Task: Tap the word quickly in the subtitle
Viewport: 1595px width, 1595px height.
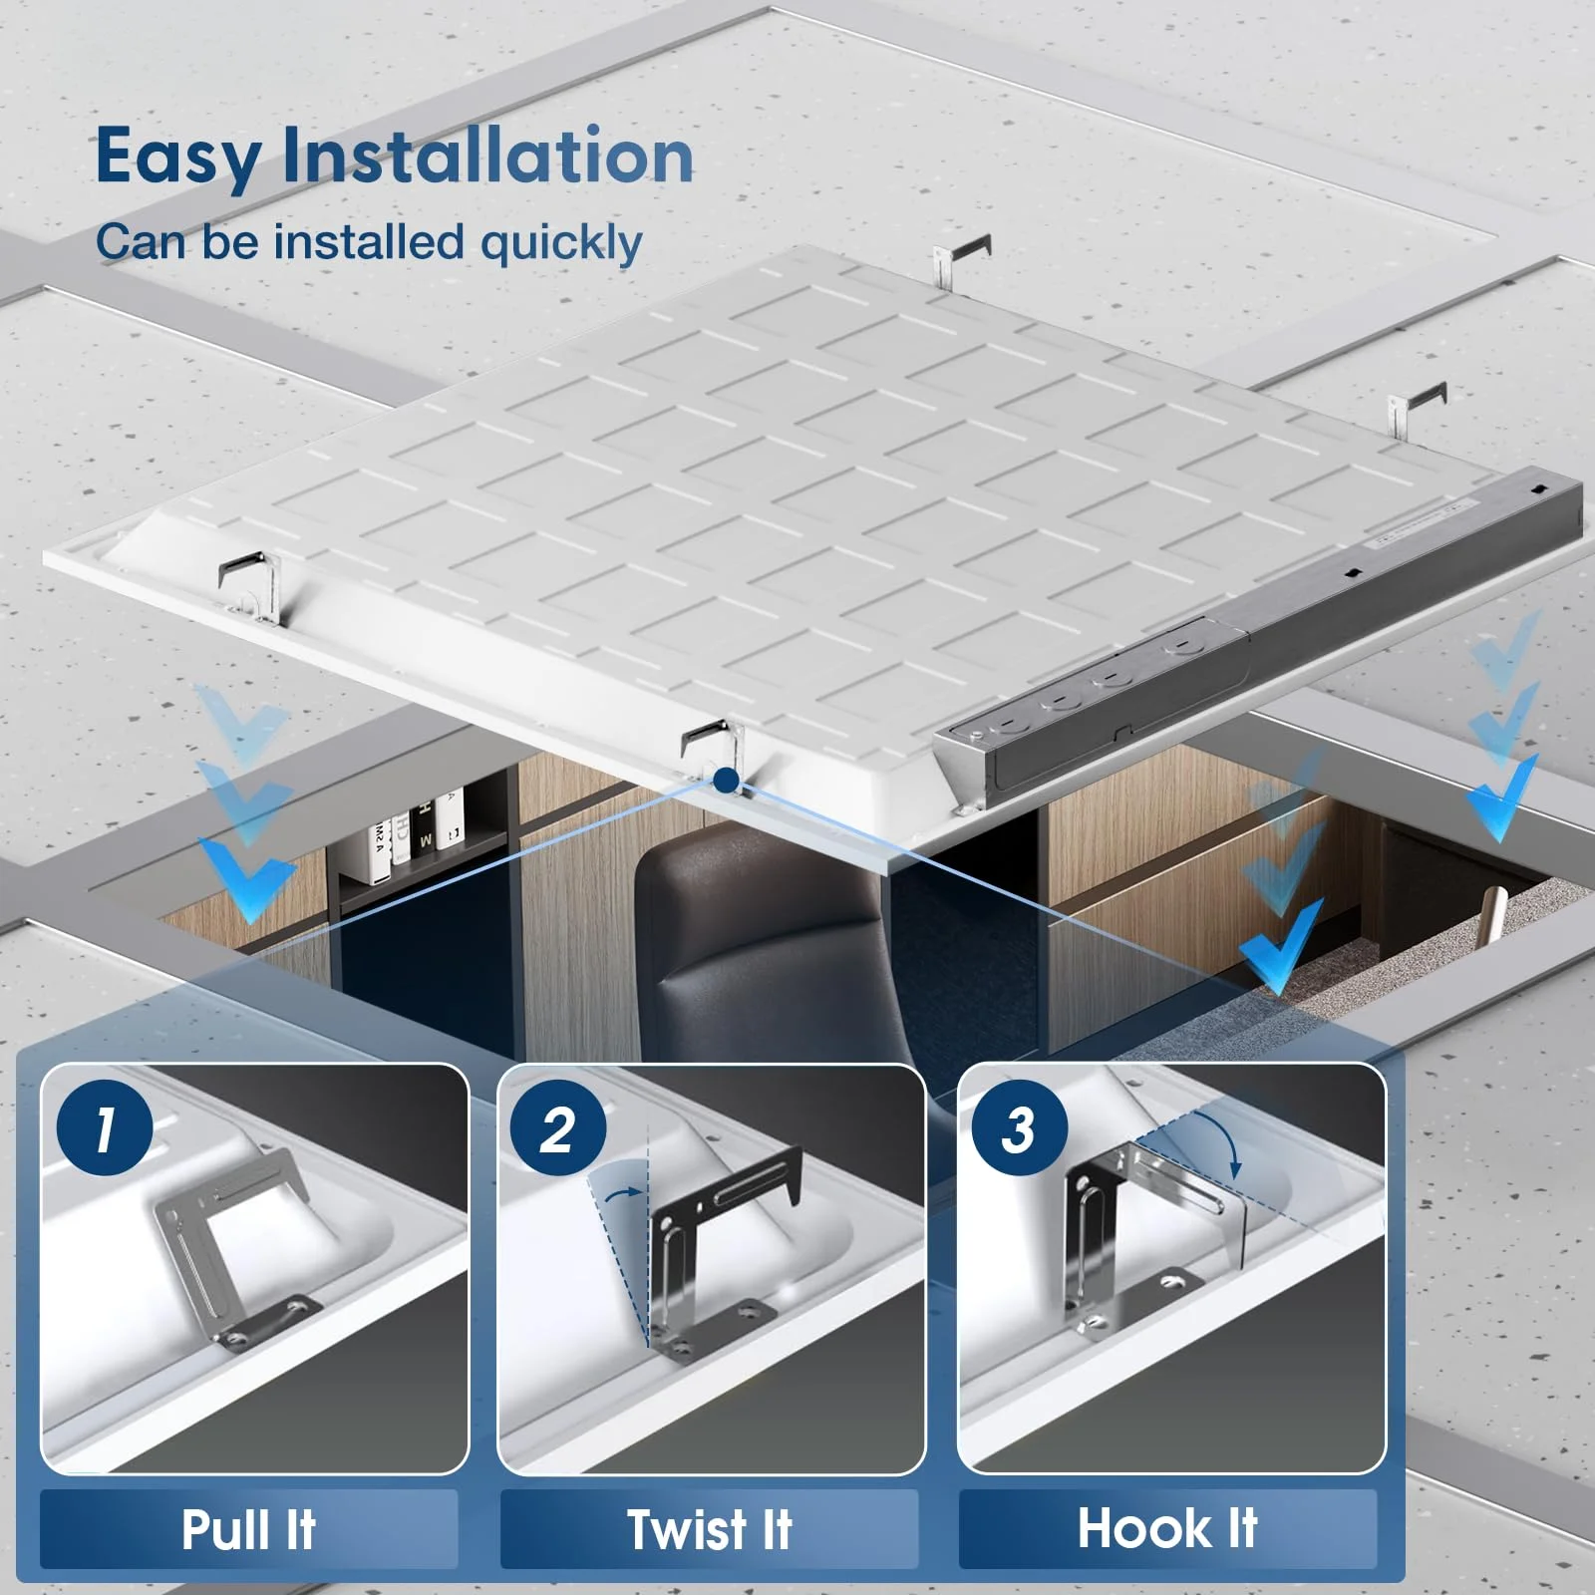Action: (x=560, y=243)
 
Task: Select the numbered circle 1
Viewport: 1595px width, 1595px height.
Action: (x=105, y=1128)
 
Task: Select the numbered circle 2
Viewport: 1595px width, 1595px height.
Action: (x=558, y=1128)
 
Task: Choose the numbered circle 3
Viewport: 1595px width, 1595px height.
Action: (x=1018, y=1128)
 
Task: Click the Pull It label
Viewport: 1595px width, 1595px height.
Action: (x=248, y=1529)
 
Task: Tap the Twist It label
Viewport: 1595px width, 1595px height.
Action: (x=709, y=1529)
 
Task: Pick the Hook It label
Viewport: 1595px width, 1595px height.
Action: (x=1167, y=1527)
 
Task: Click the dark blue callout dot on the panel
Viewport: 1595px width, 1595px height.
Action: (x=727, y=780)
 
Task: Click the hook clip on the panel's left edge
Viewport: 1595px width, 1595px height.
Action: (x=249, y=583)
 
